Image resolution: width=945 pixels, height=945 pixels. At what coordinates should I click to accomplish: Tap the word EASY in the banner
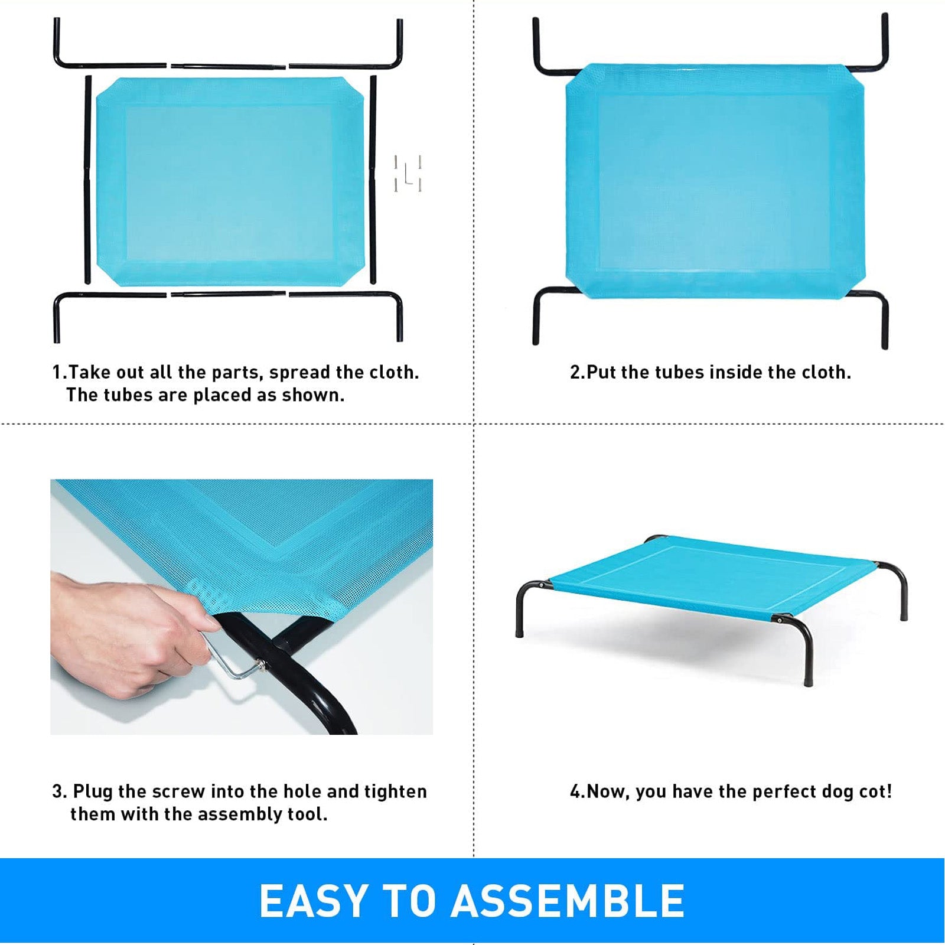pos(314,901)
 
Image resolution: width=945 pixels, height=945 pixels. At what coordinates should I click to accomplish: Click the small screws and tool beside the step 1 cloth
pos(408,174)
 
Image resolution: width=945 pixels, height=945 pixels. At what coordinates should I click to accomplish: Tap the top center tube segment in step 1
pos(228,67)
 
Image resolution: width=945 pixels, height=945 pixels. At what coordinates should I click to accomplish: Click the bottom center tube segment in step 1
pos(228,293)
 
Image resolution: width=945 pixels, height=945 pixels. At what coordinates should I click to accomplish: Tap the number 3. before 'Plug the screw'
pos(60,791)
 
